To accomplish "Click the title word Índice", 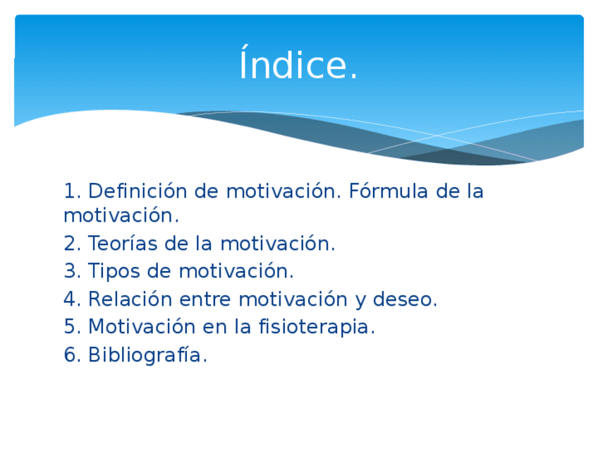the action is coord(298,63).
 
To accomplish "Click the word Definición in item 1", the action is coord(138,191).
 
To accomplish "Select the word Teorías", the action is coord(123,243).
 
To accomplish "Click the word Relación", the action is coord(130,299).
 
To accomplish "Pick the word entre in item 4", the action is coord(205,300).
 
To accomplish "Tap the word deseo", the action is coord(405,299).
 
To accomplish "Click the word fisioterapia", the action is coord(317,327).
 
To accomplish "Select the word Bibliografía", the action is coord(147,355).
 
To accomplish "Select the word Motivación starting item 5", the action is coord(142,326).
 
